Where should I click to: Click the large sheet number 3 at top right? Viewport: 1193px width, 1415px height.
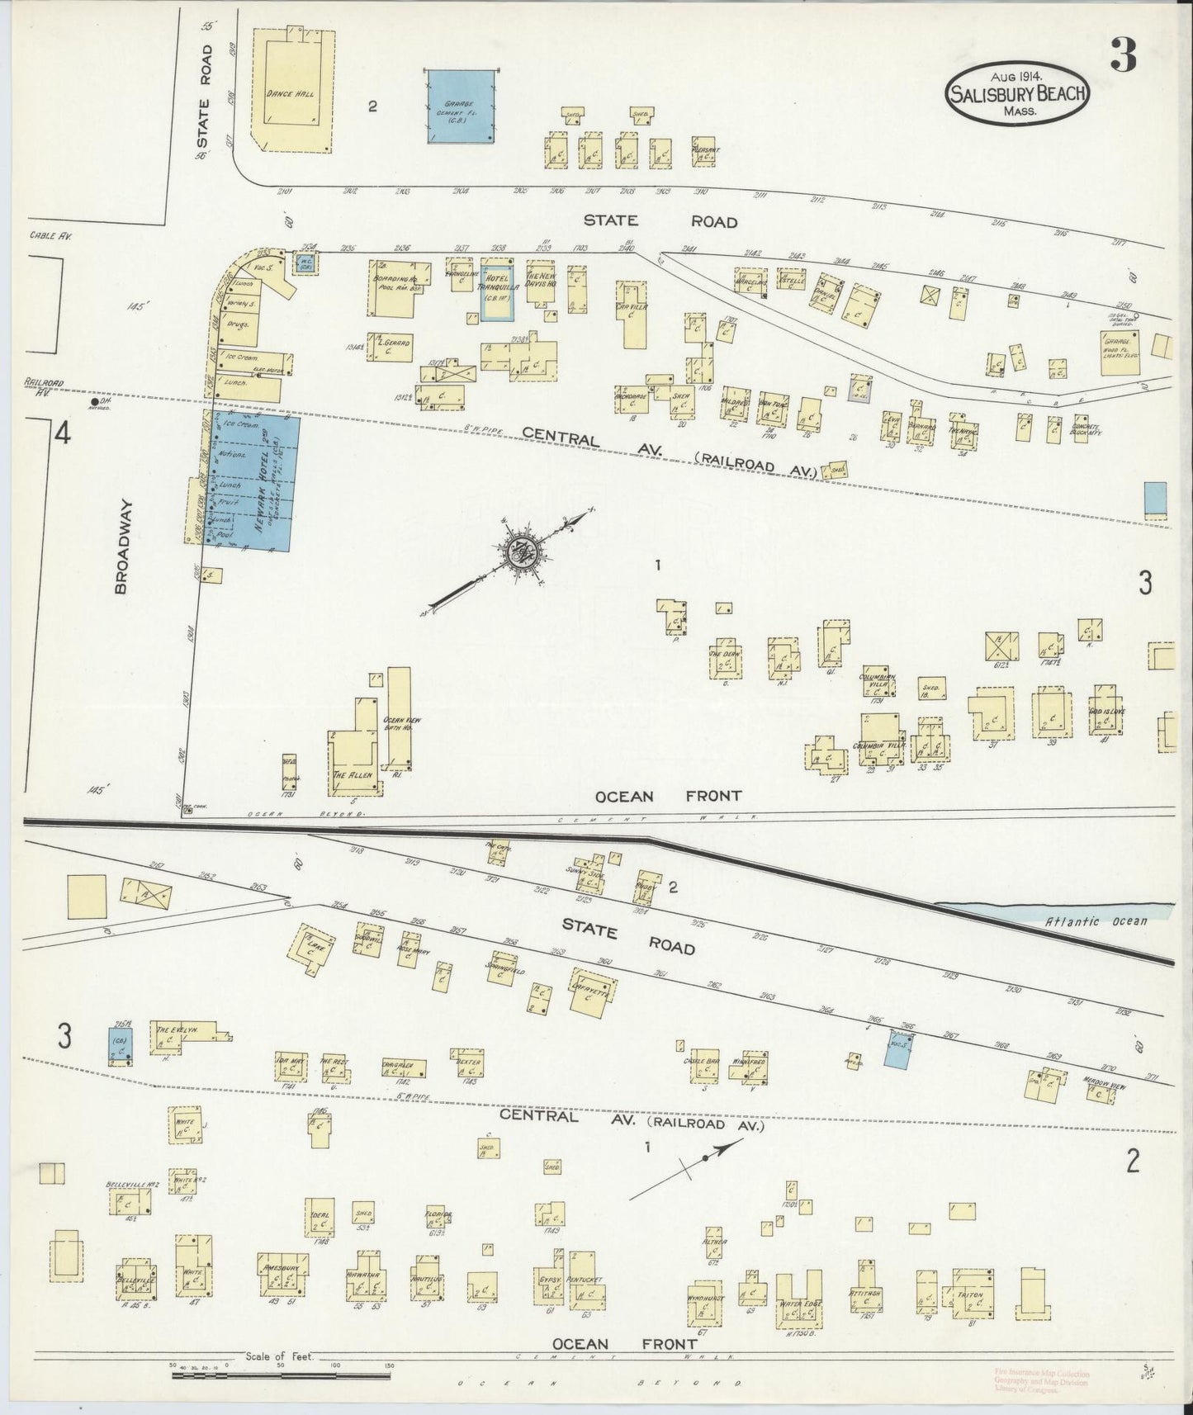tap(1124, 56)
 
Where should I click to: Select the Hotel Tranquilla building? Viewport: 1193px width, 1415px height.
tap(498, 291)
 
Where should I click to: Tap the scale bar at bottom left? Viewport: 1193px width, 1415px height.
tap(281, 1375)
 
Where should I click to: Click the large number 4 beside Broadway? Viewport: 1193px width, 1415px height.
tap(59, 434)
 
